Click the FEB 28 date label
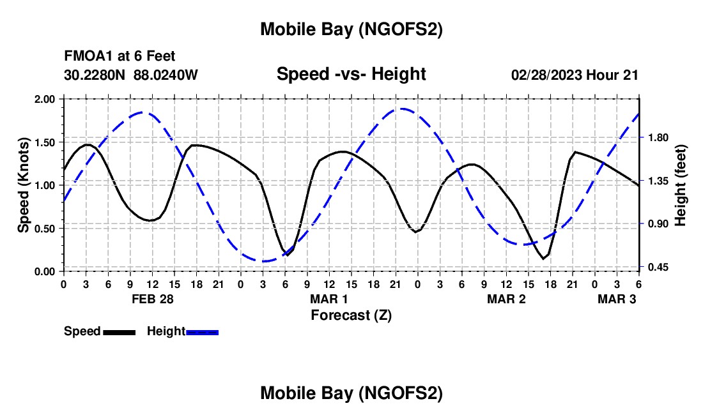(x=152, y=299)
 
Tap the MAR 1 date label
(x=329, y=299)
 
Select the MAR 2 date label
(x=506, y=299)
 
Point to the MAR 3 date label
(x=617, y=299)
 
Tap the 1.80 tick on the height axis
(x=656, y=138)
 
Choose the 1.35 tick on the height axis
(x=656, y=181)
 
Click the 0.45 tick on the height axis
(x=656, y=267)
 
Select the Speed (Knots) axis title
(x=23, y=185)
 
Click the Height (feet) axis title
(x=681, y=185)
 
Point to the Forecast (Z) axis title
(x=351, y=315)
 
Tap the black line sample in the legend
(x=119, y=331)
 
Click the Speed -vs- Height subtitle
(x=351, y=74)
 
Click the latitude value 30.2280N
(x=96, y=75)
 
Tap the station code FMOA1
(x=86, y=56)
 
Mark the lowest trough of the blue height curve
(x=263, y=260)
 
